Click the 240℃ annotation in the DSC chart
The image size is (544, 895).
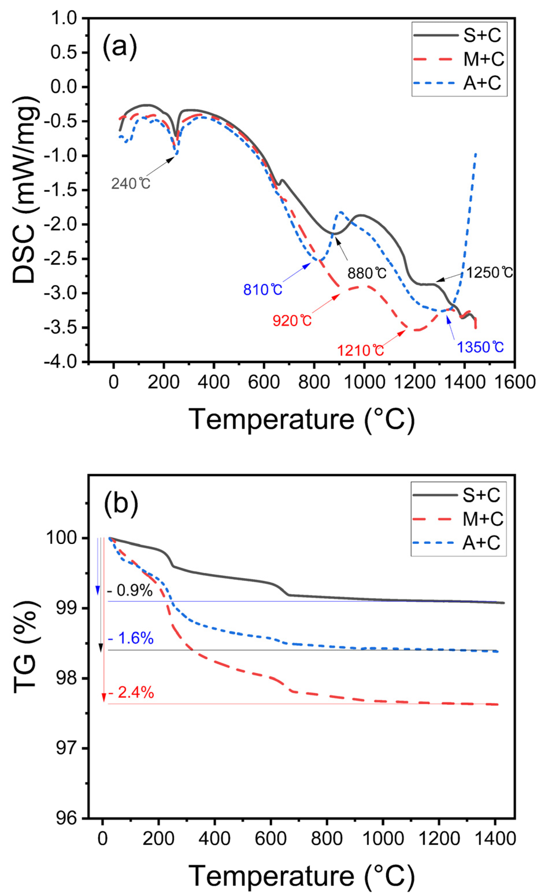click(131, 184)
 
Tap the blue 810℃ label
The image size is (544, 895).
click(263, 290)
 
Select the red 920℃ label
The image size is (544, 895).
click(292, 321)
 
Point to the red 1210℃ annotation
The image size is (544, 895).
click(360, 350)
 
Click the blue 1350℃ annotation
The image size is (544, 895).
click(480, 347)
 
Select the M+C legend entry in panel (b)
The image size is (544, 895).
click(483, 519)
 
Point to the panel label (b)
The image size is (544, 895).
click(121, 505)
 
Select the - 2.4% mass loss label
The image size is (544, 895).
click(131, 693)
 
